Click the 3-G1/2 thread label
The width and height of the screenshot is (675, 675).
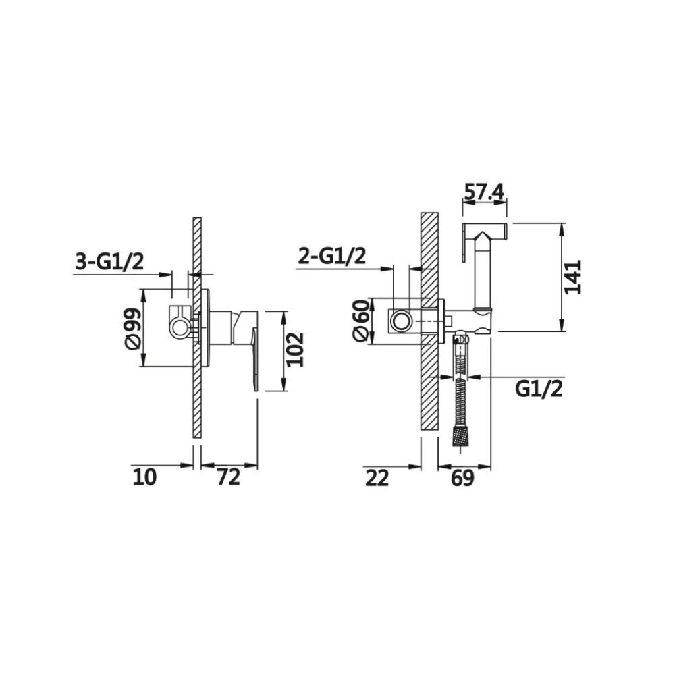[109, 261]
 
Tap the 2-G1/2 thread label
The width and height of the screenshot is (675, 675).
[332, 256]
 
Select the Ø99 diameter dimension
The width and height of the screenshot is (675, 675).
[132, 328]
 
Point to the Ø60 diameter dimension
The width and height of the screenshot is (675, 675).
[360, 321]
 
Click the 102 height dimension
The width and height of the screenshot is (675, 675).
[296, 350]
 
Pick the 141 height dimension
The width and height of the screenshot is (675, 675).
[572, 277]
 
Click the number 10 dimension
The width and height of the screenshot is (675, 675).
[144, 477]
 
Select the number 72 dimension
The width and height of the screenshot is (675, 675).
[228, 477]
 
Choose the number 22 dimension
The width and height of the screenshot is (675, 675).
[377, 479]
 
